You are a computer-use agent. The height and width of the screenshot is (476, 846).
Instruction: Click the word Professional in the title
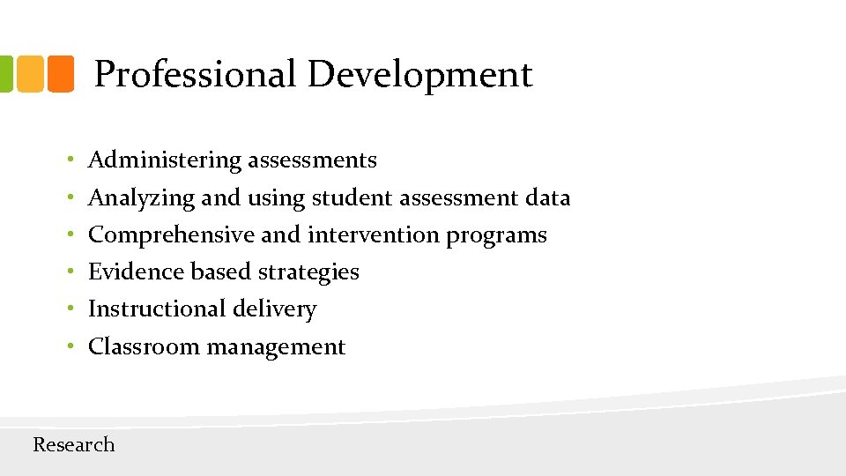195,75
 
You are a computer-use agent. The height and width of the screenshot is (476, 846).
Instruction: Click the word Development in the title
419,75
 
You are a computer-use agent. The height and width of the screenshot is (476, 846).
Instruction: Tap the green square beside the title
4,74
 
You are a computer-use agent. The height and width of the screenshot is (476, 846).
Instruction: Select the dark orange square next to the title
60,74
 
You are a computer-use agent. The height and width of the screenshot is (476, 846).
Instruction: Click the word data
547,198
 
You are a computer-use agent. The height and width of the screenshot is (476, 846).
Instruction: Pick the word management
276,347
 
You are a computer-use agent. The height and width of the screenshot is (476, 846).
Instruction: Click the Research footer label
74,444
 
